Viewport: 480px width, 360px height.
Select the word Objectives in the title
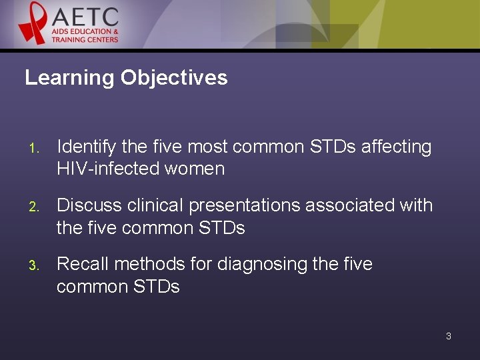pyautogui.click(x=174, y=78)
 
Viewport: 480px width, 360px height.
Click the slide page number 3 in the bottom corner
pyautogui.click(x=448, y=336)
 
